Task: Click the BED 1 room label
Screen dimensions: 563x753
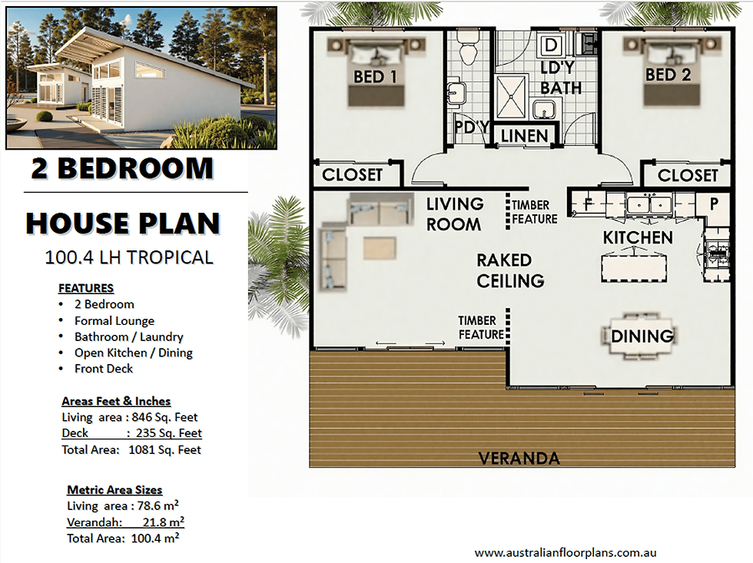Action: coord(375,76)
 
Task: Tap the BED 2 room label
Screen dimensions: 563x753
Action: coord(667,75)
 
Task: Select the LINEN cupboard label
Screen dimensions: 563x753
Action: coord(524,137)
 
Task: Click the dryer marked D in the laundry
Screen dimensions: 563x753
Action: coord(552,45)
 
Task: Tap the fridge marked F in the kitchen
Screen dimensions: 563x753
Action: coord(587,205)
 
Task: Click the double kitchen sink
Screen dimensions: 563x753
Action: coord(650,204)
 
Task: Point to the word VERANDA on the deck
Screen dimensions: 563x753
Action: coord(519,459)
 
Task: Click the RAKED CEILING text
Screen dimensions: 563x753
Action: coord(509,270)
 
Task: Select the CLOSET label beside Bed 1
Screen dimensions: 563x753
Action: coord(352,174)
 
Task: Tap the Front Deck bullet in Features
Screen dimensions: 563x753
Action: coord(103,369)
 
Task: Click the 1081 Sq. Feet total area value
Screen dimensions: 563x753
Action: coord(164,449)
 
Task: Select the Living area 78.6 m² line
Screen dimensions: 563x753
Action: coord(123,506)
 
